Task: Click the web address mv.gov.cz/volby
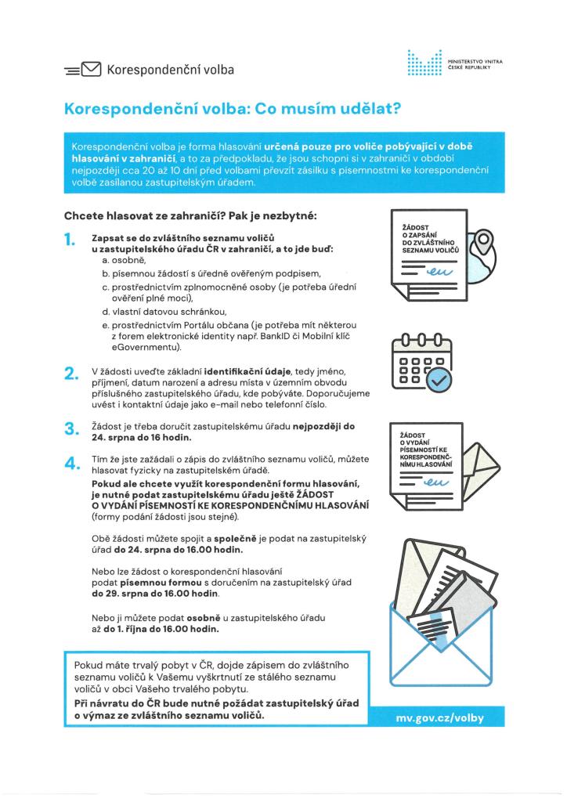[440, 718]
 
